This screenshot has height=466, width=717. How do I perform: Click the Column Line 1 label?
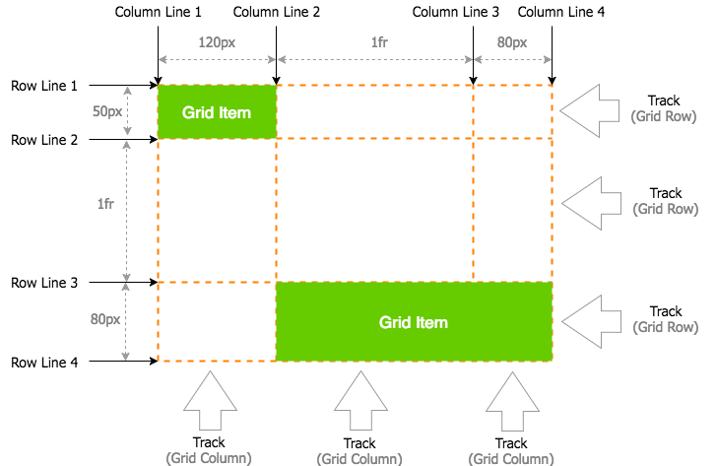coord(158,13)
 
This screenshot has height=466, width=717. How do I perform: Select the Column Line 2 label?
coord(277,13)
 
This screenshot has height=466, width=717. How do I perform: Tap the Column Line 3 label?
coord(455,13)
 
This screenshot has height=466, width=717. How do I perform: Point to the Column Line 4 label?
coord(561,13)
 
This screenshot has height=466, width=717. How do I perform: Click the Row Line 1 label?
coord(44,86)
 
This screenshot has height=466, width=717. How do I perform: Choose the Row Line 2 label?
coord(44,140)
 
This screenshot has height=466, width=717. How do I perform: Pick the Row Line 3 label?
coord(44,283)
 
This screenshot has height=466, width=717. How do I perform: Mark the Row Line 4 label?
coord(44,363)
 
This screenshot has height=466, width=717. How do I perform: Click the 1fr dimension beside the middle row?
coord(104,204)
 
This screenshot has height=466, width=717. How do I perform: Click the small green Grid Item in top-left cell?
coord(217,111)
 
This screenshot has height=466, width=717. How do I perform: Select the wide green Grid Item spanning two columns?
coord(414,321)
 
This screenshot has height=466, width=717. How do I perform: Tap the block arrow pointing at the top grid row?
coord(592,109)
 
